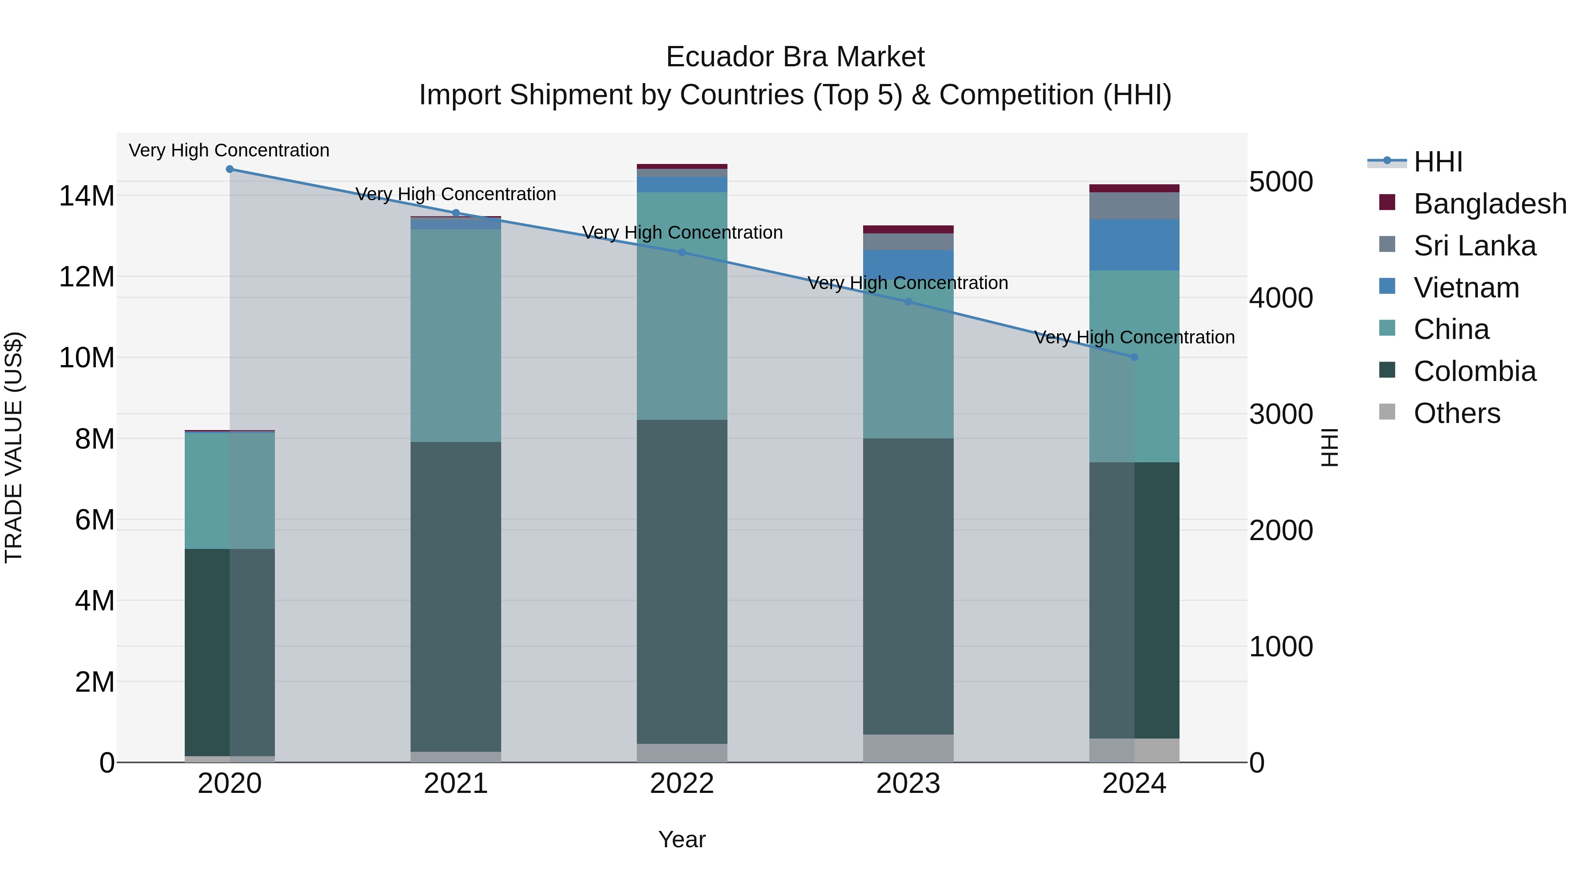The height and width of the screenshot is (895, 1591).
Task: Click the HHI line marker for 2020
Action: (230, 169)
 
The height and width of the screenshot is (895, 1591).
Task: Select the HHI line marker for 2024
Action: (1134, 357)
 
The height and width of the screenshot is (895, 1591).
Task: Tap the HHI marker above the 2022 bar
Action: (682, 252)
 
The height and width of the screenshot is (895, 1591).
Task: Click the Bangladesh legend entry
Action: (1489, 204)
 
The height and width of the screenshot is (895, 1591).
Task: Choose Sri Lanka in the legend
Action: (1474, 246)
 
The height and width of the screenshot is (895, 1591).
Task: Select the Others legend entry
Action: (1456, 413)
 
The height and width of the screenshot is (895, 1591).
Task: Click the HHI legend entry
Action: (1437, 162)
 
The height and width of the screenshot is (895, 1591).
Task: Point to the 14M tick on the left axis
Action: (87, 196)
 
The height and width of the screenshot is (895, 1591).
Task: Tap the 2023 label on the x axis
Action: (908, 784)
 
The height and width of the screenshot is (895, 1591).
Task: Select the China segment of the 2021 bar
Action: (456, 335)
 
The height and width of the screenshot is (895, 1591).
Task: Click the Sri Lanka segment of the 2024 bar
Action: (1134, 206)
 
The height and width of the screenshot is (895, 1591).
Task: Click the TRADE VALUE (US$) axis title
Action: (14, 447)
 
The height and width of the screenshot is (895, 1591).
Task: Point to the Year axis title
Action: (682, 839)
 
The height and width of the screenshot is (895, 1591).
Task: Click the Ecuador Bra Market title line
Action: (795, 57)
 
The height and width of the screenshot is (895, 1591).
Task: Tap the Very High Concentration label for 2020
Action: (229, 150)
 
